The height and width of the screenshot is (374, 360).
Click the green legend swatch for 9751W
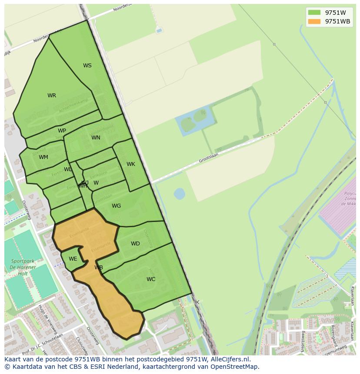pos(314,13)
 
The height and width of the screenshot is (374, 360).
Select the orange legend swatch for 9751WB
pos(314,21)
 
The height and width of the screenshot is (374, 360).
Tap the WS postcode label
pos(87,66)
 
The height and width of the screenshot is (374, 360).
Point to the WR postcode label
pos(52,96)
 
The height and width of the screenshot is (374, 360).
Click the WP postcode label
pos(62,131)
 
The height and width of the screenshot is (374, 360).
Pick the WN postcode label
pos(96,138)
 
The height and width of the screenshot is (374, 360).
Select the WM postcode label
pos(43,157)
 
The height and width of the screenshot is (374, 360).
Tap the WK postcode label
pos(131,164)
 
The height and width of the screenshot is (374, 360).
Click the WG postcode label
pos(116,206)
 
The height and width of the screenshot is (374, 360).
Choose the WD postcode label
pos(135,244)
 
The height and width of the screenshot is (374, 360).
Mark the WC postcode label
pos(151,279)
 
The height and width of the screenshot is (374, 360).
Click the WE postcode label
pos(73,259)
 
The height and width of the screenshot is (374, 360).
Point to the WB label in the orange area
pos(99,268)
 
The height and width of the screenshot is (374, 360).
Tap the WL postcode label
pos(68,169)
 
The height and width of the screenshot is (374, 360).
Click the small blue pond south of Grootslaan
pos(179,193)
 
